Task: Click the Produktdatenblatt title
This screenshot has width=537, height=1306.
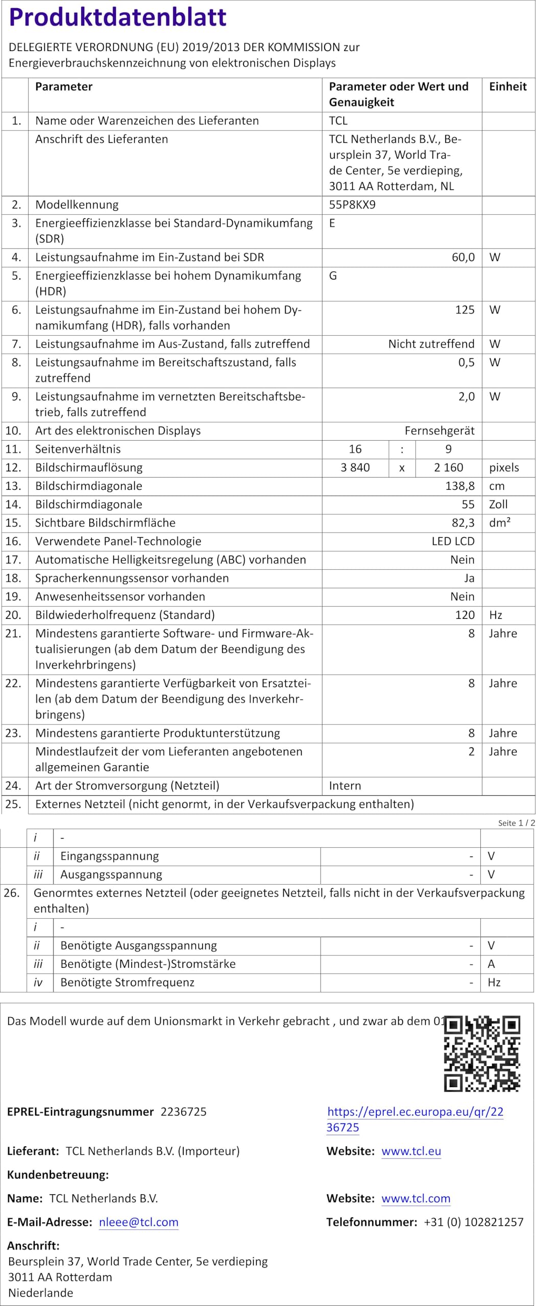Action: coord(117,17)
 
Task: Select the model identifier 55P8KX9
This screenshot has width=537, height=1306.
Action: coord(352,205)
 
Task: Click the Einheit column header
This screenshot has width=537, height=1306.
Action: coord(507,87)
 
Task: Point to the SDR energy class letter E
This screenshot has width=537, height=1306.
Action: coord(332,223)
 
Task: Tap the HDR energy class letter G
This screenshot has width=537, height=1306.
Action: coord(333,276)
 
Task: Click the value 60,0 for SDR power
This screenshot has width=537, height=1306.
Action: coord(463,258)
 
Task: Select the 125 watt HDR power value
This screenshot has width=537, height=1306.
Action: coord(465,310)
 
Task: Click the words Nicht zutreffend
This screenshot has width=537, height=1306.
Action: coord(431,344)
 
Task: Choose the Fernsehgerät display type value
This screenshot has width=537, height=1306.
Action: coord(439,431)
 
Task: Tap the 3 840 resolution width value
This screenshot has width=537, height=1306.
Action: coord(355,468)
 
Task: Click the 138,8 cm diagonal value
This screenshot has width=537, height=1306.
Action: coord(459,486)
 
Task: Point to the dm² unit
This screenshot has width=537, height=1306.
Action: coord(500,523)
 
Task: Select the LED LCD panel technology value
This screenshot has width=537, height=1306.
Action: coord(453,541)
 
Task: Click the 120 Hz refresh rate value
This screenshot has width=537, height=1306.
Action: coord(465,615)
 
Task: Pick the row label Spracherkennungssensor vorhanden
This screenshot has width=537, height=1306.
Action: coord(132,579)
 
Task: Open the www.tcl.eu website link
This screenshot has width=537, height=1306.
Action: coord(411,1151)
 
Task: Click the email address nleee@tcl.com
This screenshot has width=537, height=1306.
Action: coord(138,1222)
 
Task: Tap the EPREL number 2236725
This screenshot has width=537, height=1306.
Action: coord(183,1112)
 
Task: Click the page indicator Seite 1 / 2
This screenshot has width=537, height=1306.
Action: coord(516,823)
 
